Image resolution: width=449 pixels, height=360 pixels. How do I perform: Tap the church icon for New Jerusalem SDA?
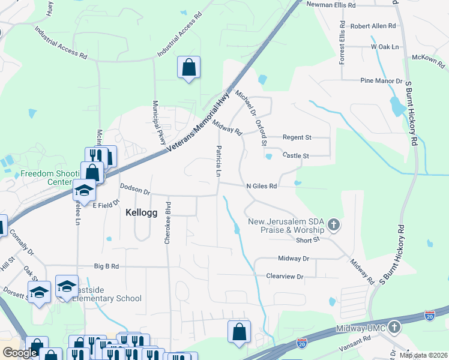pos(334,226)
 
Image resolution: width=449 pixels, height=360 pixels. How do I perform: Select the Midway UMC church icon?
pos(394,327)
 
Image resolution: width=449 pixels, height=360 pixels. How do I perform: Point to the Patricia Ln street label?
pos(219,160)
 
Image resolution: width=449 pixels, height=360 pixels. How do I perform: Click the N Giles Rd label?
pos(262,186)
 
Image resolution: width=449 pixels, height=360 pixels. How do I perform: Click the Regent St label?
pos(297,137)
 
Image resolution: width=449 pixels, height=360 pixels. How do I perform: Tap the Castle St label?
pos(295,155)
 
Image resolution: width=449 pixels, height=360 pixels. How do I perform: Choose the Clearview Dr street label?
pos(285,277)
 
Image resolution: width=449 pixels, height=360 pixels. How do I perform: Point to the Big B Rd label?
pos(107,266)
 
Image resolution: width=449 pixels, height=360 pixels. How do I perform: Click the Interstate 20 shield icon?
pos(429,314)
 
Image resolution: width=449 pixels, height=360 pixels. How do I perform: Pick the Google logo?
pos(20,353)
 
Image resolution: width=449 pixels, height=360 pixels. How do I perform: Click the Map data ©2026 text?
pos(423,355)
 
